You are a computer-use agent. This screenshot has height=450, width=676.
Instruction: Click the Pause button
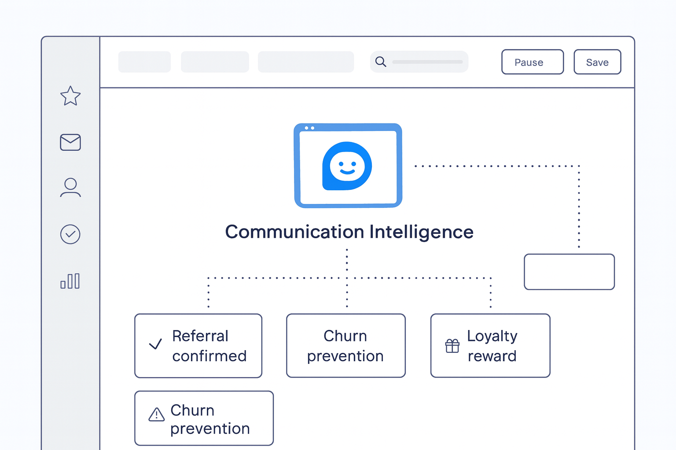533,62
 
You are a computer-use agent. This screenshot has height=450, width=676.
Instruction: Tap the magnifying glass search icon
381,62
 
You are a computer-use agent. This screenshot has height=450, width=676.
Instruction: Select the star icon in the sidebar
70,96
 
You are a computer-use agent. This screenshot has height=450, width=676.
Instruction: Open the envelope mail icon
70,142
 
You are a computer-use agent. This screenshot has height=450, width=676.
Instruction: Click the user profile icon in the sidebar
70,187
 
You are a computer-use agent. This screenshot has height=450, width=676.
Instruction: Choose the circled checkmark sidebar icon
70,234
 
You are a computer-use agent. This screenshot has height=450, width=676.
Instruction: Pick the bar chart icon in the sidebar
70,281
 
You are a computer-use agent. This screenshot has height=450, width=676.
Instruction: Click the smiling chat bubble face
347,166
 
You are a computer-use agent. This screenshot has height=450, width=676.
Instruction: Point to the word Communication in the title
294,232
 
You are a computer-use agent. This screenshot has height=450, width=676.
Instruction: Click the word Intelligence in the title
421,232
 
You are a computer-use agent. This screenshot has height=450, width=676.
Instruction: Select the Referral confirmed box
198,345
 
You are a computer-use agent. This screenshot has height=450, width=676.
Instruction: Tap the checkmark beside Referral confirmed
155,345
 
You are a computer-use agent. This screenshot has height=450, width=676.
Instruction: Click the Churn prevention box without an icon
345,345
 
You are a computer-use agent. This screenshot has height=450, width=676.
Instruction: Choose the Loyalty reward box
490,345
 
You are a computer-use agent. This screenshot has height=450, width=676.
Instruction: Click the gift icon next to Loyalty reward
452,346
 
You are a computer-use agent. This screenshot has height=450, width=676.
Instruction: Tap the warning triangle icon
157,414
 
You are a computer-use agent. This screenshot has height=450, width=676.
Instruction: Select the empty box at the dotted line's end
569,272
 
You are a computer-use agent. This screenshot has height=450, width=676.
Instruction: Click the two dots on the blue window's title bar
309,128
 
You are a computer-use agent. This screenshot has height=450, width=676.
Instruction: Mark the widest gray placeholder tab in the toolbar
306,62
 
